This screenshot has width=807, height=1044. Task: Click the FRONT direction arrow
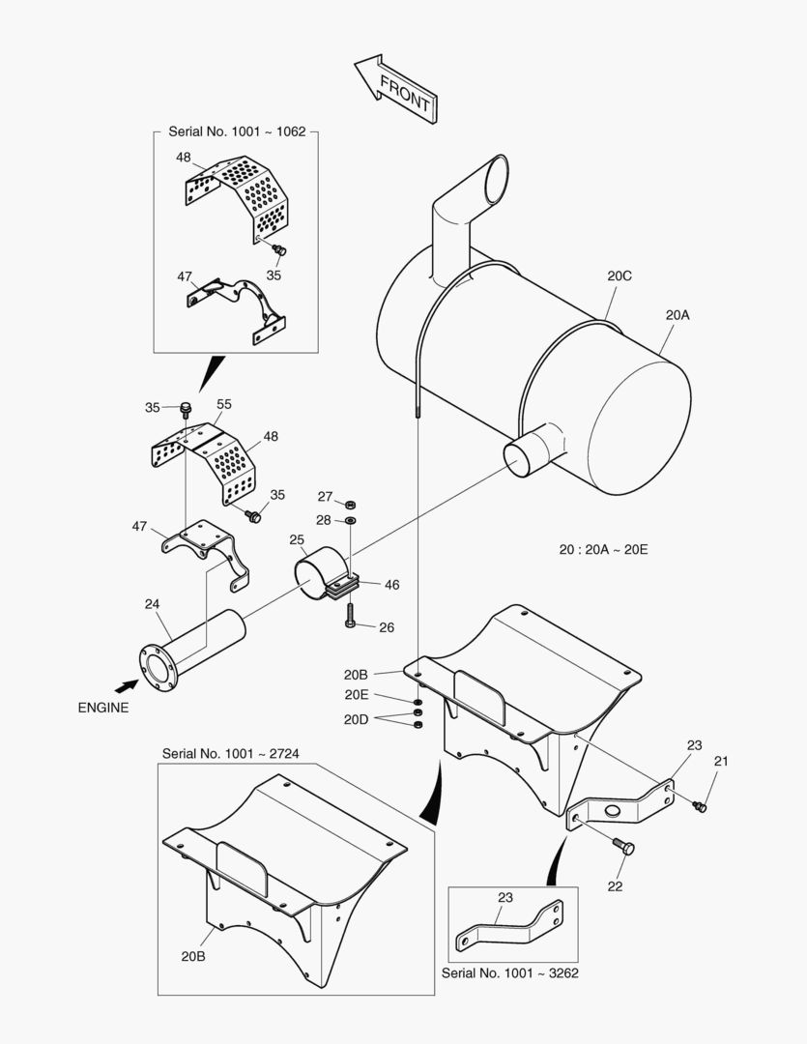pyautogui.click(x=396, y=88)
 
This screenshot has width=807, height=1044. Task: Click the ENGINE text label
pyautogui.click(x=102, y=707)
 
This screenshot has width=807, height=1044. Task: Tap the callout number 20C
pyautogui.click(x=620, y=275)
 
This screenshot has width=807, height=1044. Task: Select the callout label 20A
pyautogui.click(x=677, y=314)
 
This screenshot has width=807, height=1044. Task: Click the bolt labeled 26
pyautogui.click(x=350, y=616)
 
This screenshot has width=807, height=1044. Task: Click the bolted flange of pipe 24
pyautogui.click(x=155, y=666)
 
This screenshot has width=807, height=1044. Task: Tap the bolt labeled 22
pyautogui.click(x=625, y=848)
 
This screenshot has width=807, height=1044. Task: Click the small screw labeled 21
pyautogui.click(x=701, y=805)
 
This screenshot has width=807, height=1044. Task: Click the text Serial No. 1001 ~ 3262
pyautogui.click(x=509, y=973)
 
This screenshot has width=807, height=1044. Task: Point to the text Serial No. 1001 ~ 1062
pyautogui.click(x=237, y=131)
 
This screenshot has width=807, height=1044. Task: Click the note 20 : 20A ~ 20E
pyautogui.click(x=603, y=549)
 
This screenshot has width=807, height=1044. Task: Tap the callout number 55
pyautogui.click(x=224, y=404)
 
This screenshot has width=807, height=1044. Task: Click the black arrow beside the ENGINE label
pyautogui.click(x=125, y=685)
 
